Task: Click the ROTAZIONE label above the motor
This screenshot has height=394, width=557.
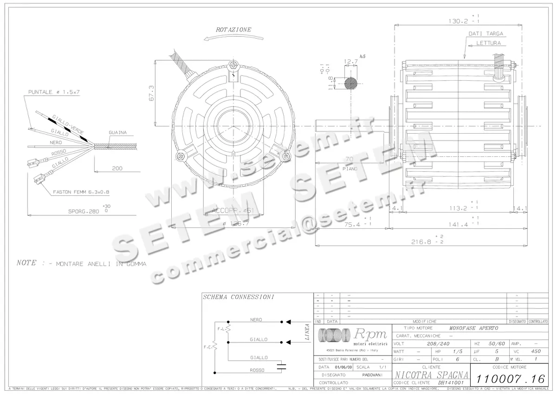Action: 233,29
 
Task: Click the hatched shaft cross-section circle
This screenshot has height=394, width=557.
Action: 351,84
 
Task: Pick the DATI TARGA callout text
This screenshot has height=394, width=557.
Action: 486,34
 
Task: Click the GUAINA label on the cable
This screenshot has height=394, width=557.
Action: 117,132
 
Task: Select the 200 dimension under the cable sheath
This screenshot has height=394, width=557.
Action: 117,169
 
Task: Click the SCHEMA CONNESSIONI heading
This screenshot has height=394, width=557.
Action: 238,297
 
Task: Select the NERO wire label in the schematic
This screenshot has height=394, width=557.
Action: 256,320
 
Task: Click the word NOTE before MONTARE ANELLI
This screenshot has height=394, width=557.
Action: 26,263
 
